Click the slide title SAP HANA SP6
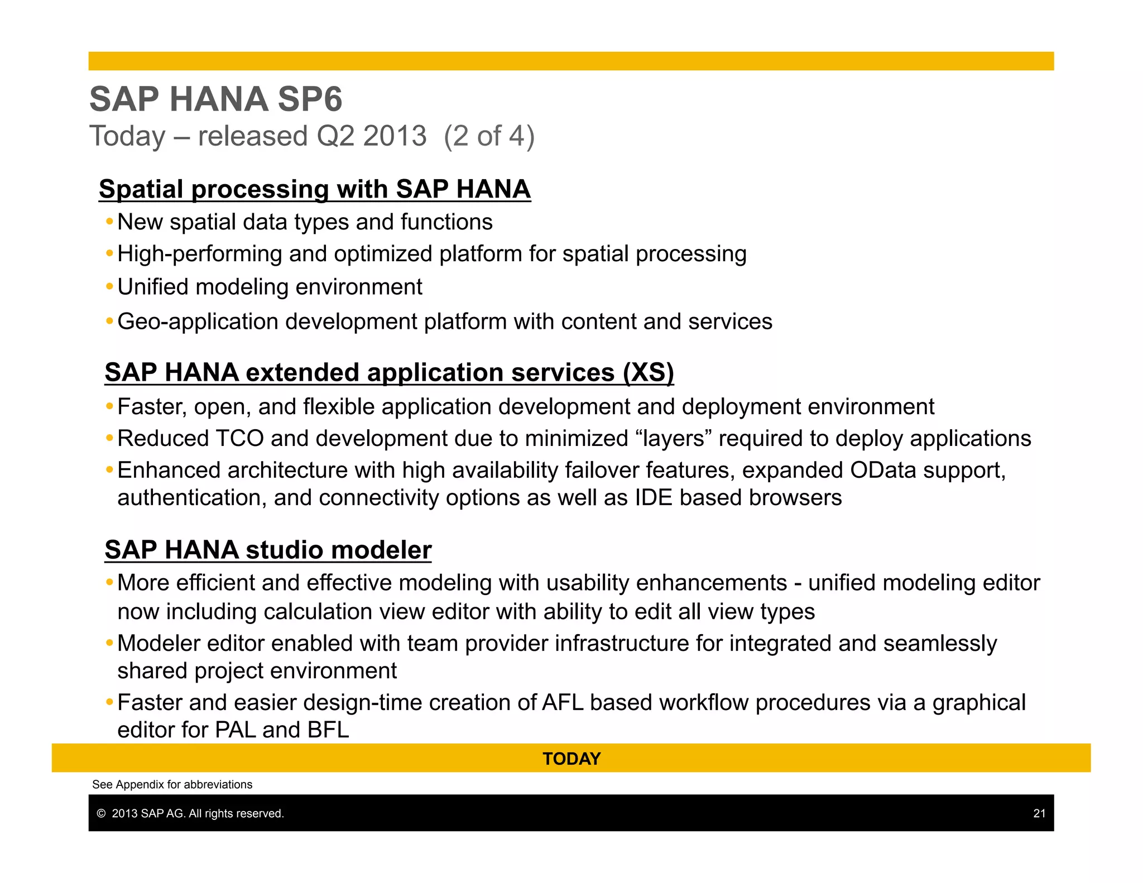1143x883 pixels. coord(215,99)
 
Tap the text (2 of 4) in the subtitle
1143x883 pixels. coord(489,136)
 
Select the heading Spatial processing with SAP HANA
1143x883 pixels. coord(314,189)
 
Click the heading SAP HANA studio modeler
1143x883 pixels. coord(268,550)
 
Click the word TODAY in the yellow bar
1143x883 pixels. coord(571,759)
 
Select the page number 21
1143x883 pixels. coord(1039,813)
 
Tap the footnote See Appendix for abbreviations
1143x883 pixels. coord(172,784)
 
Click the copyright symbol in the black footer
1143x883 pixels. coord(101,814)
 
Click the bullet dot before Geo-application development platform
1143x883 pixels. coord(109,321)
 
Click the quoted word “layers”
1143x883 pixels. coord(674,439)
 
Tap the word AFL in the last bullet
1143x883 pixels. coord(563,703)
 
